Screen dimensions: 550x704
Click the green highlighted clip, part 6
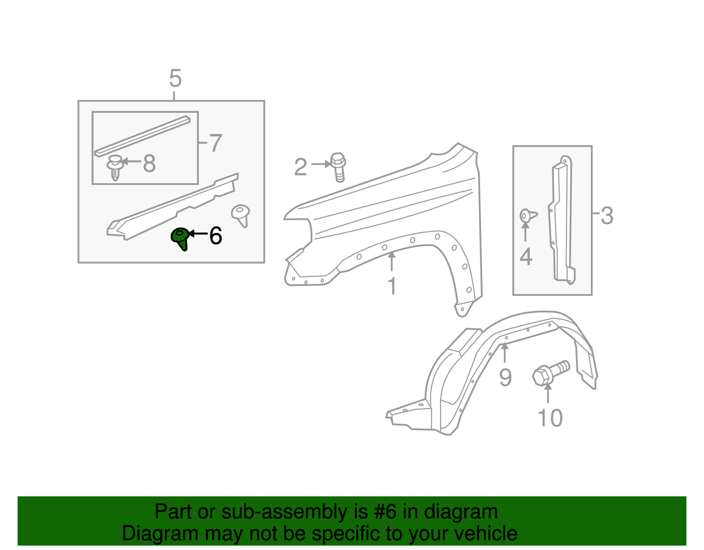click(x=180, y=238)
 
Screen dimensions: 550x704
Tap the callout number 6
click(x=216, y=236)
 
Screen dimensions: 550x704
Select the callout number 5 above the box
click(x=175, y=79)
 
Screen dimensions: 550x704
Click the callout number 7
click(x=215, y=144)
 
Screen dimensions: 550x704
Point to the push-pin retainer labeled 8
click(x=115, y=167)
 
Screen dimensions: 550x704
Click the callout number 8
click(x=150, y=164)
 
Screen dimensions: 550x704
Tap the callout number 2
click(x=301, y=167)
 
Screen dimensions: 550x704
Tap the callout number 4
click(x=526, y=256)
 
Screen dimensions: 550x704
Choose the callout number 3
click(x=607, y=216)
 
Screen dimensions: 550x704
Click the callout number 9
click(x=505, y=377)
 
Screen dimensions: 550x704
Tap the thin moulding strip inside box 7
click(x=143, y=136)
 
